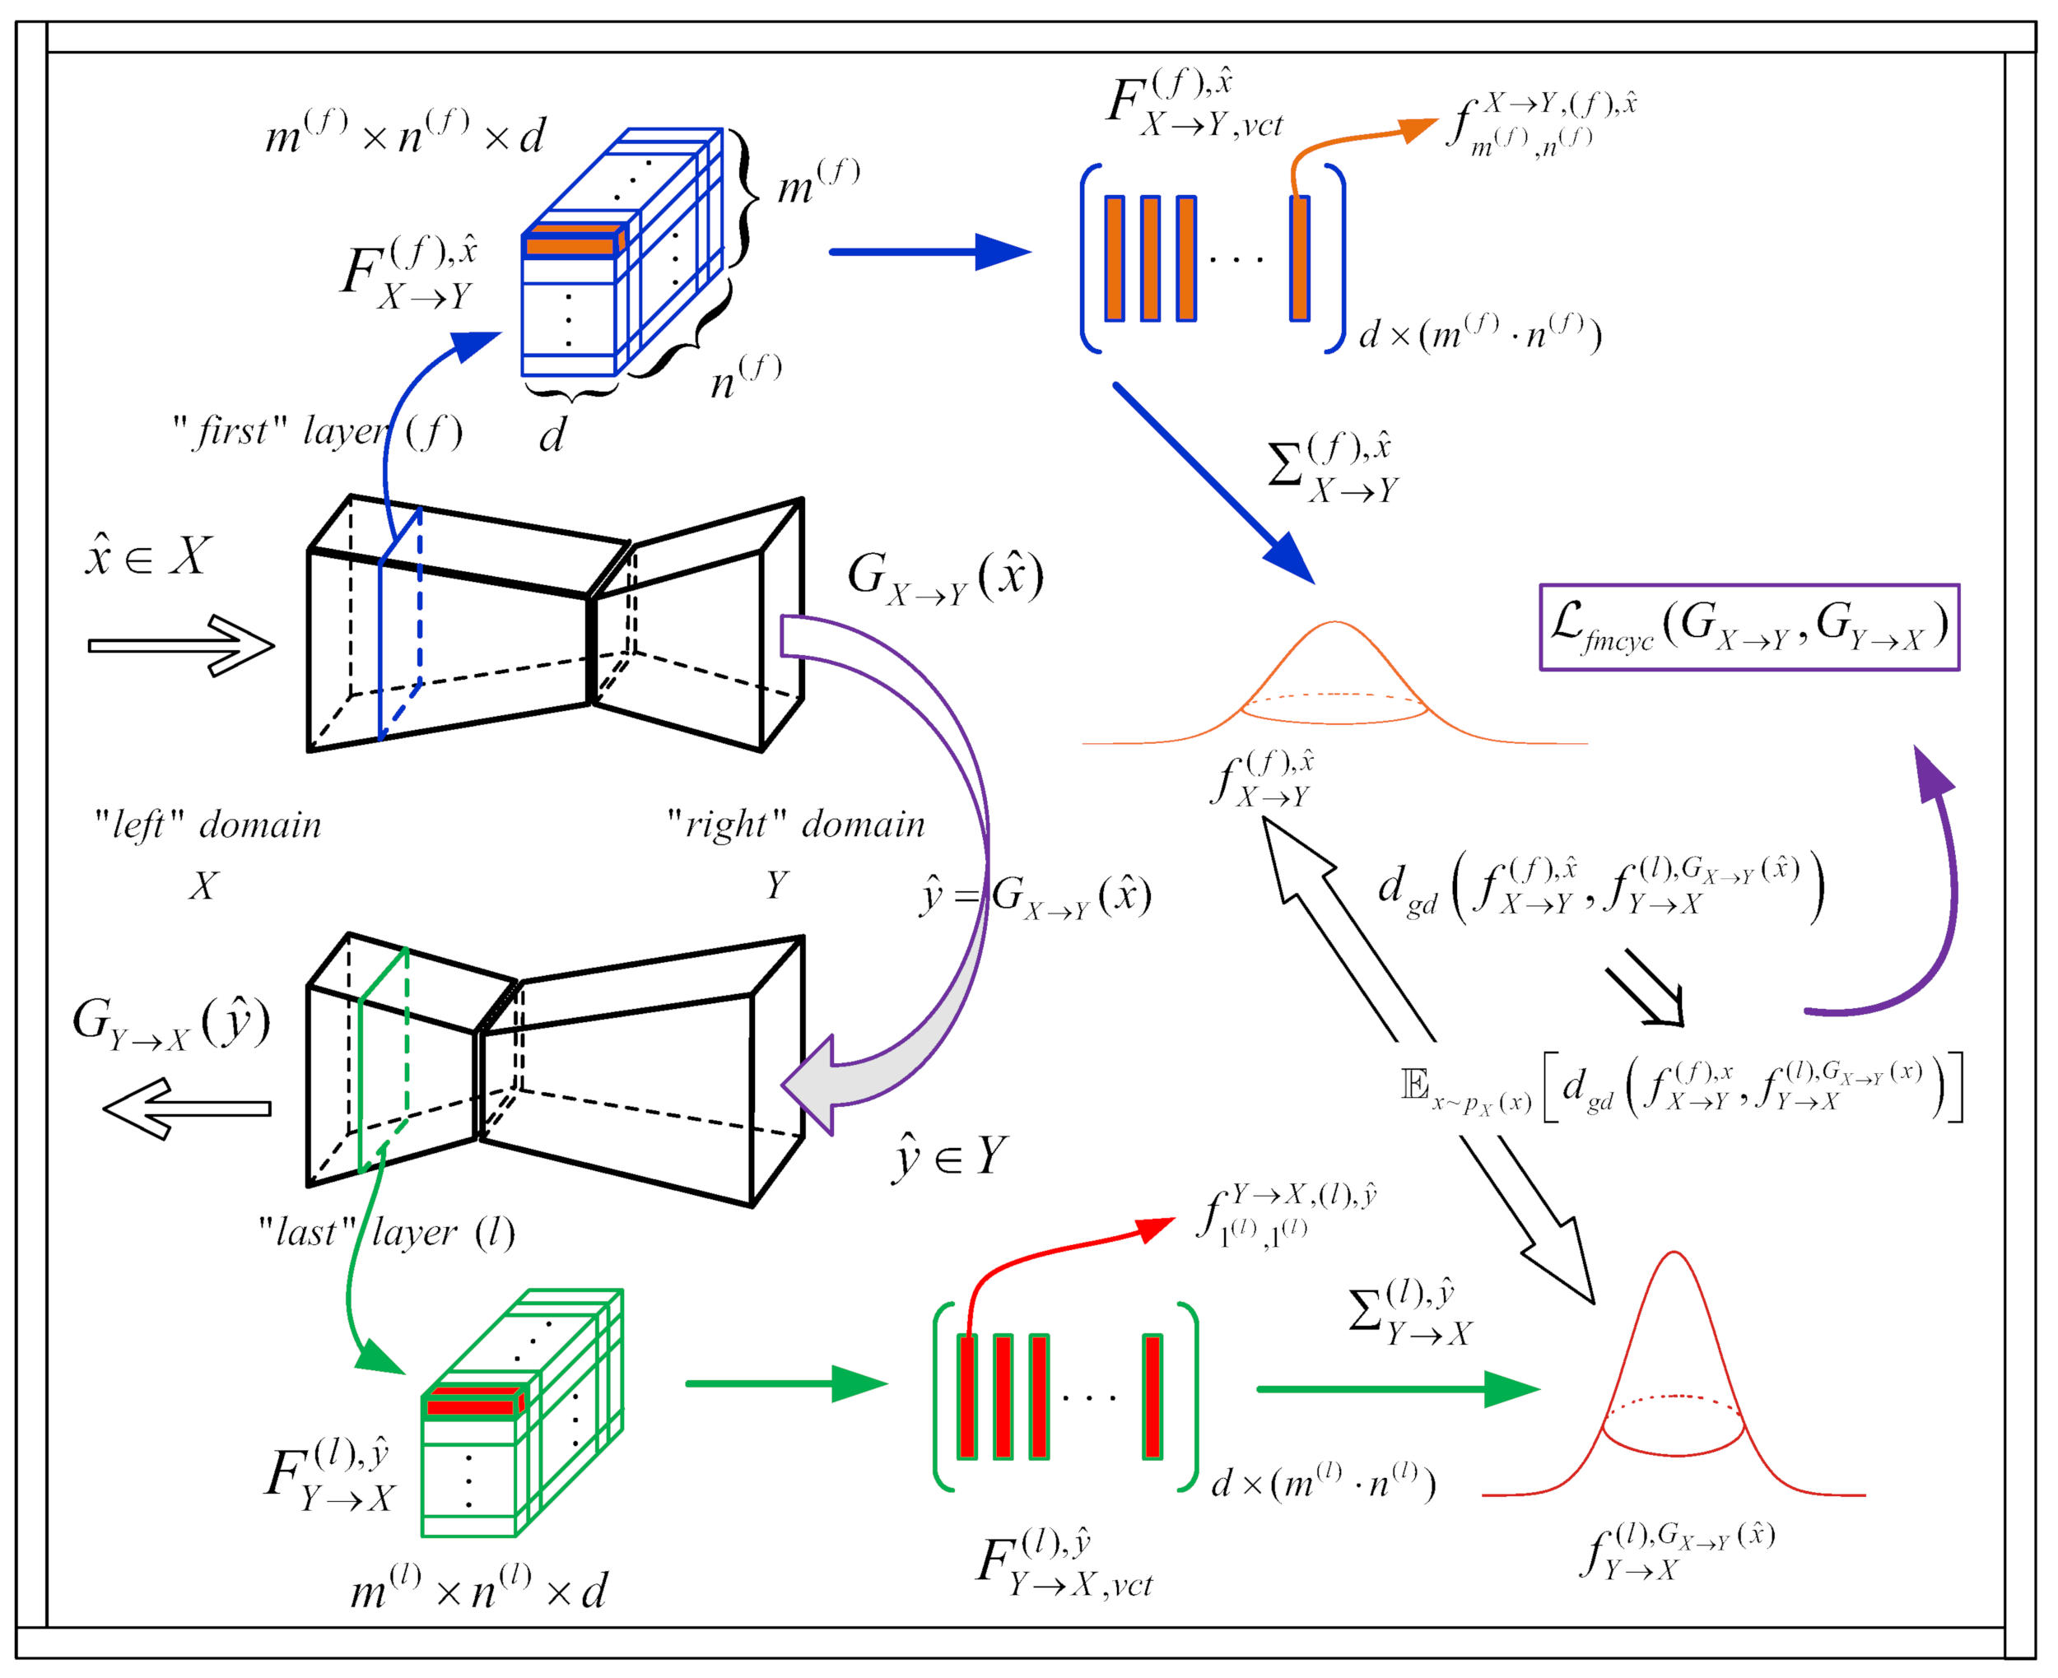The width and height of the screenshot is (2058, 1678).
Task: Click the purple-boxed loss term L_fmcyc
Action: point(1748,626)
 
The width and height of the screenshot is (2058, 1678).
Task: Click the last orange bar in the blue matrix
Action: point(1299,258)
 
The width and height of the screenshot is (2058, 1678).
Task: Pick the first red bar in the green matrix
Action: point(966,1396)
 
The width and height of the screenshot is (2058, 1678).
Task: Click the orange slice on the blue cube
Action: point(570,244)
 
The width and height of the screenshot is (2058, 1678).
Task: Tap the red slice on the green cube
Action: point(472,1403)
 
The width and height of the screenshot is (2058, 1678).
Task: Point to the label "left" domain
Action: point(207,825)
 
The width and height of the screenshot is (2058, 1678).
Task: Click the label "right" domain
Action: point(794,825)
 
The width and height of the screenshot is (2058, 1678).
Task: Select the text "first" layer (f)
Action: point(317,431)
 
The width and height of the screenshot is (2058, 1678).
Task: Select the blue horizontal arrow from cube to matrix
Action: point(929,253)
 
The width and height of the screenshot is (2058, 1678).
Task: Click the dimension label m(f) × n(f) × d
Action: point(405,134)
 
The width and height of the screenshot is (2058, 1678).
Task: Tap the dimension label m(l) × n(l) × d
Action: point(478,1591)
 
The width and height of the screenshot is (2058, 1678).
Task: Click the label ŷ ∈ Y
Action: point(948,1156)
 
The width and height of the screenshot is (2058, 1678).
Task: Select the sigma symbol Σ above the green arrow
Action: point(1365,1312)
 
